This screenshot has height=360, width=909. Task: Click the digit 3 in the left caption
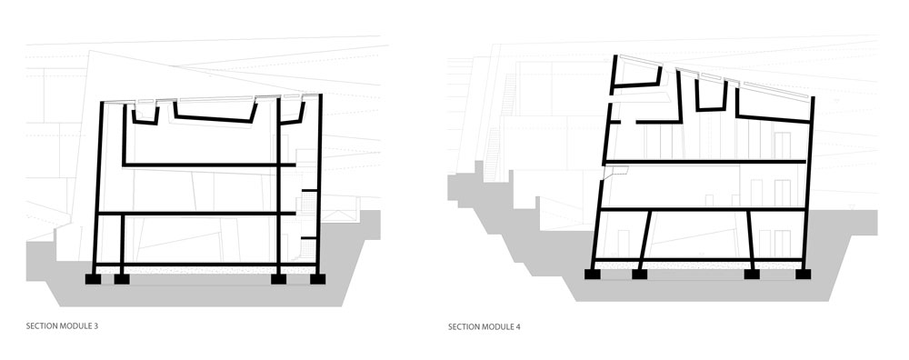pyautogui.click(x=95, y=325)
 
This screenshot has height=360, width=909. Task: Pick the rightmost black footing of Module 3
pyautogui.click(x=317, y=278)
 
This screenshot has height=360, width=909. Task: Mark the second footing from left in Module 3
pyautogui.click(x=122, y=278)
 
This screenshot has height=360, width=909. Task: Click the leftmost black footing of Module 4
pyautogui.click(x=593, y=272)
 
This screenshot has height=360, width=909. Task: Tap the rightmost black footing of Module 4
pyautogui.click(x=801, y=272)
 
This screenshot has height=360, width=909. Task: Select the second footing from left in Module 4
pyautogui.click(x=640, y=272)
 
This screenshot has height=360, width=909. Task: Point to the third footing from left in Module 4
pyautogui.click(x=754, y=272)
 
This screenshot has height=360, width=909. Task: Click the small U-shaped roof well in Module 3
pyautogui.click(x=145, y=115)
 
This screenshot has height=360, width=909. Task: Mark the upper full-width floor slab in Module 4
pyautogui.click(x=705, y=162)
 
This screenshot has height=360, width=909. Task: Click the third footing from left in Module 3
pyautogui.click(x=278, y=278)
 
